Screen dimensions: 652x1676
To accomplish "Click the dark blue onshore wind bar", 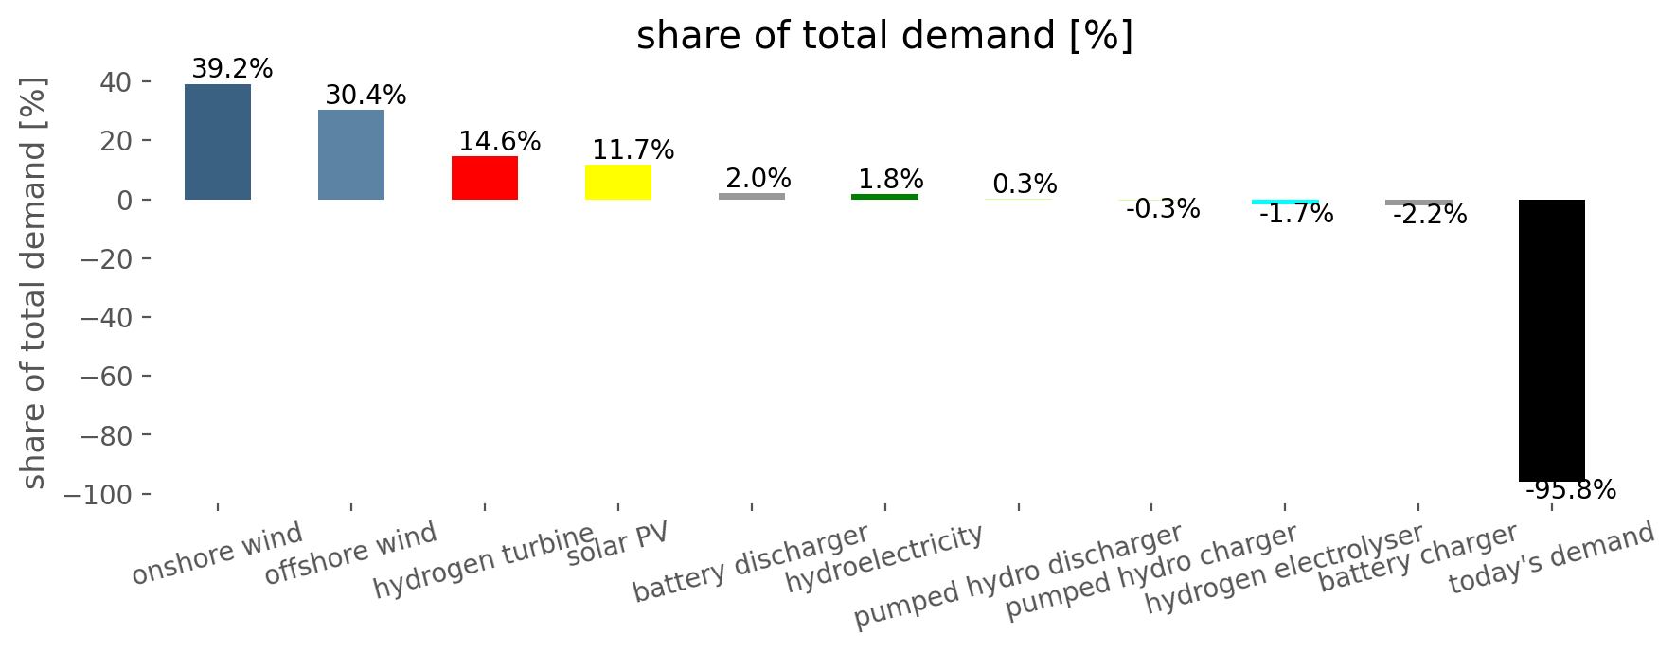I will pyautogui.click(x=218, y=142).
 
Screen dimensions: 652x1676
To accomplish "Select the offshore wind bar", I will pyautogui.click(x=351, y=154).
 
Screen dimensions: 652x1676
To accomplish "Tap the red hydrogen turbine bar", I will pyautogui.click(x=485, y=178).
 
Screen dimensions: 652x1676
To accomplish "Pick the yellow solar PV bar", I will pyautogui.click(x=618, y=183).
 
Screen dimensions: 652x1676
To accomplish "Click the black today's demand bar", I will pyautogui.click(x=1552, y=341).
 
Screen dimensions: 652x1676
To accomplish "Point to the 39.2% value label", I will pyautogui.click(x=232, y=69).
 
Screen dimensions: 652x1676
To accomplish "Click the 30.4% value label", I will pyautogui.click(x=366, y=95).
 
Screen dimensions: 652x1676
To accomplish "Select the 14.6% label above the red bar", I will pyautogui.click(x=499, y=142).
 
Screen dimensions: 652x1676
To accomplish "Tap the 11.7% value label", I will pyautogui.click(x=633, y=150).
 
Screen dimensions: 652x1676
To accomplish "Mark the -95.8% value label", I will pyautogui.click(x=1570, y=490).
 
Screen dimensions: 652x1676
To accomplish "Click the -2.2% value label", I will pyautogui.click(x=1429, y=216).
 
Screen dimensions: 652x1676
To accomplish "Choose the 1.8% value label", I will pyautogui.click(x=890, y=180).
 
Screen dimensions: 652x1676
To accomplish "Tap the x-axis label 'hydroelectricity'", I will pyautogui.click(x=884, y=559).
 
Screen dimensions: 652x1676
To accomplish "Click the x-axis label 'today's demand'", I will pyautogui.click(x=1551, y=559).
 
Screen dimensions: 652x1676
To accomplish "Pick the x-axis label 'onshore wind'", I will pyautogui.click(x=217, y=554).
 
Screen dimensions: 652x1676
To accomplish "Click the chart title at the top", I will pyautogui.click(x=884, y=36).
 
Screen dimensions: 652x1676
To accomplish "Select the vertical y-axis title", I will pyautogui.click(x=33, y=284).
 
